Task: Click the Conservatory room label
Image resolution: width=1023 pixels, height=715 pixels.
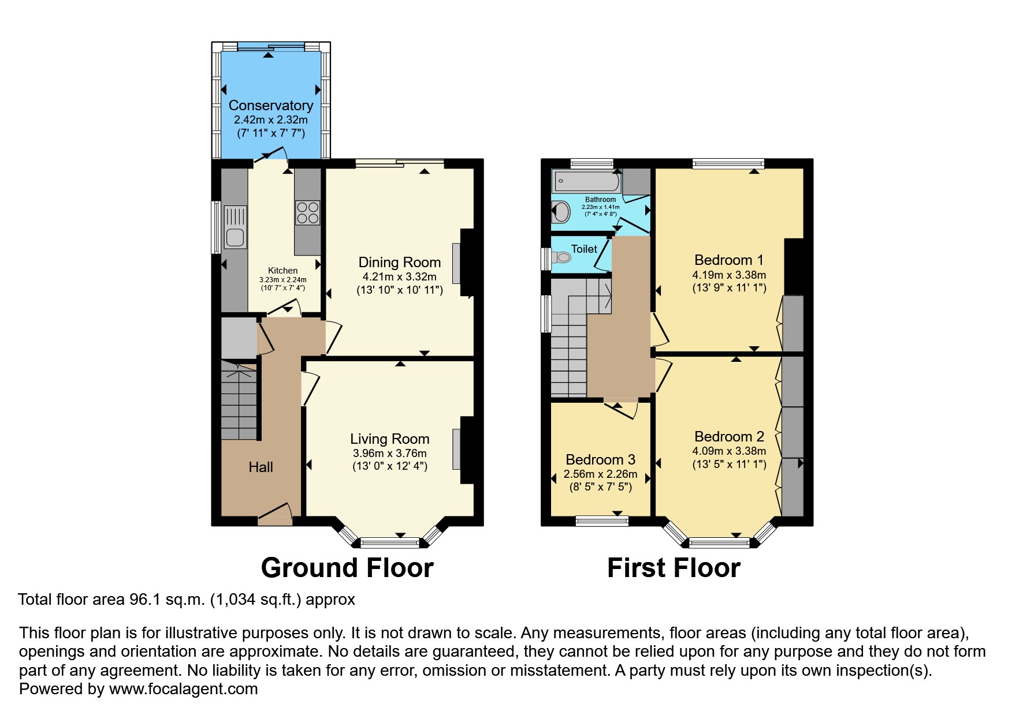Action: pos(270,106)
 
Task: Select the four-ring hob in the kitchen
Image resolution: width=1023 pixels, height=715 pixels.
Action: pos(307,212)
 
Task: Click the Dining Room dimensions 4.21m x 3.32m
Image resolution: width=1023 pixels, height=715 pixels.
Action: pos(399,277)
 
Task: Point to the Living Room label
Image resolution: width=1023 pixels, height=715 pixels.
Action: pos(389,439)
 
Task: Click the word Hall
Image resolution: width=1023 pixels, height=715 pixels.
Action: pos(261,467)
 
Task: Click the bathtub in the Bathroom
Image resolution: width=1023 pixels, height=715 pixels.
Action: pos(586,182)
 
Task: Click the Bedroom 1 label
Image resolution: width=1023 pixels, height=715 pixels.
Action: pos(728,260)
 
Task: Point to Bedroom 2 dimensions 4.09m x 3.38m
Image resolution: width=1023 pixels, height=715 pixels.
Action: pos(729,451)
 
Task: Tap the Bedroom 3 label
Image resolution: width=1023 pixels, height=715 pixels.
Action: pos(600,460)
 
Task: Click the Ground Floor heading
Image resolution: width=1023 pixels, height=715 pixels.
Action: pos(347,568)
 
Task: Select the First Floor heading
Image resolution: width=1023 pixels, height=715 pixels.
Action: pos(674,568)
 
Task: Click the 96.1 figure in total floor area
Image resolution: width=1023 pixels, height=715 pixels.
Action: pos(142,600)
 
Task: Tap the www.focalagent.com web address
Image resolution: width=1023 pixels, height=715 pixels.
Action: pos(183,689)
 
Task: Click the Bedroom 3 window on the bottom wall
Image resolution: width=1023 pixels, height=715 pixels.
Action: pos(602,521)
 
